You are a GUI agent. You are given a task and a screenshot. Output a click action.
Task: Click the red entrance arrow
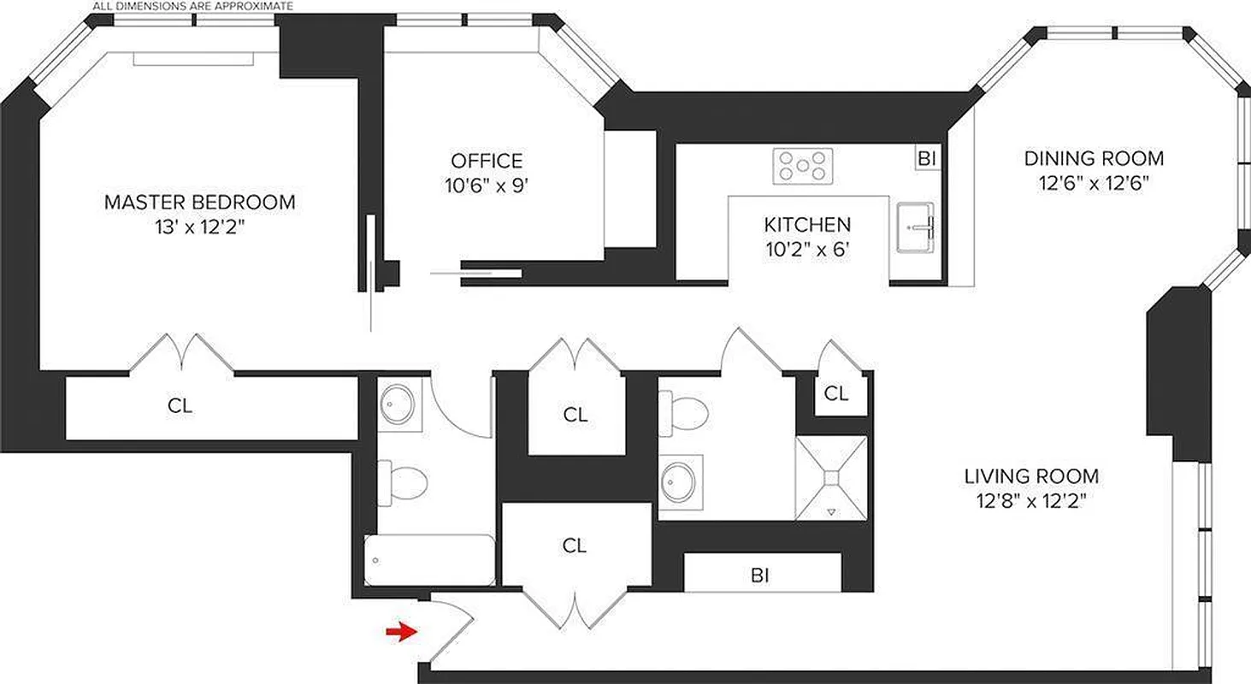pos(398,632)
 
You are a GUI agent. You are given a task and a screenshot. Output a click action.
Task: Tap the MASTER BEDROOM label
pos(199,203)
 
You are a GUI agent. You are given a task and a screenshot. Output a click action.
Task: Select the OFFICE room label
pos(487,161)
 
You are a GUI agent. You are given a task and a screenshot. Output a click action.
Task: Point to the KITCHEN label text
pos(807,225)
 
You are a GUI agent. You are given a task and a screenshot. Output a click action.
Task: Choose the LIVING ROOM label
pos(1031,476)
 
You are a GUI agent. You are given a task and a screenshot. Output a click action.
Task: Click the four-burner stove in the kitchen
pos(802,166)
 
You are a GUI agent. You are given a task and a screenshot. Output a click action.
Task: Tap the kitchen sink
pos(918,227)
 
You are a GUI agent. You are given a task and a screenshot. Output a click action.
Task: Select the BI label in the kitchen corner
pos(926,158)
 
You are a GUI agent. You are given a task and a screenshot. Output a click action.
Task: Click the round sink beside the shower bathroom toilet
pos(681,481)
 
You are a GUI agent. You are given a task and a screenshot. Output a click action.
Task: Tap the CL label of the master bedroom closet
pos(180,407)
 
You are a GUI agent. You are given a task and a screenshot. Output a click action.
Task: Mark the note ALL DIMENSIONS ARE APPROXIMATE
pos(192,6)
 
